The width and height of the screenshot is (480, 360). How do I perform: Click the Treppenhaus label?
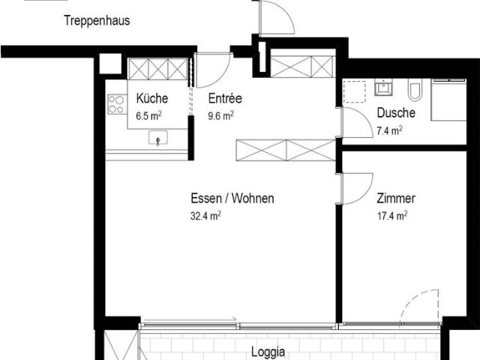(96, 21)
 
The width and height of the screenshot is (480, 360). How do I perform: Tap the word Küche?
(152, 98)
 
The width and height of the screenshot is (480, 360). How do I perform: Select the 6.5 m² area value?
(149, 115)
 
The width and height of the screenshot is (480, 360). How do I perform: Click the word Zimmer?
(396, 199)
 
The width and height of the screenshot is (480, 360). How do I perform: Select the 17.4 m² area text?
(392, 216)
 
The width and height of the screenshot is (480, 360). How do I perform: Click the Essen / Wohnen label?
(232, 199)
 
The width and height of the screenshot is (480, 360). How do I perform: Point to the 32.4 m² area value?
(205, 216)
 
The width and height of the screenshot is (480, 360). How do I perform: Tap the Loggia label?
(268, 351)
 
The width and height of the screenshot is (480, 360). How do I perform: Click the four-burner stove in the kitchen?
(117, 104)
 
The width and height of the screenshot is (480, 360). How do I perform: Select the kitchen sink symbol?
(158, 138)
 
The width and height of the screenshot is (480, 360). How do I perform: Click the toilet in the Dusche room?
(415, 91)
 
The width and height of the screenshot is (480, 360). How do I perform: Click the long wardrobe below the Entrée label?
(284, 150)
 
